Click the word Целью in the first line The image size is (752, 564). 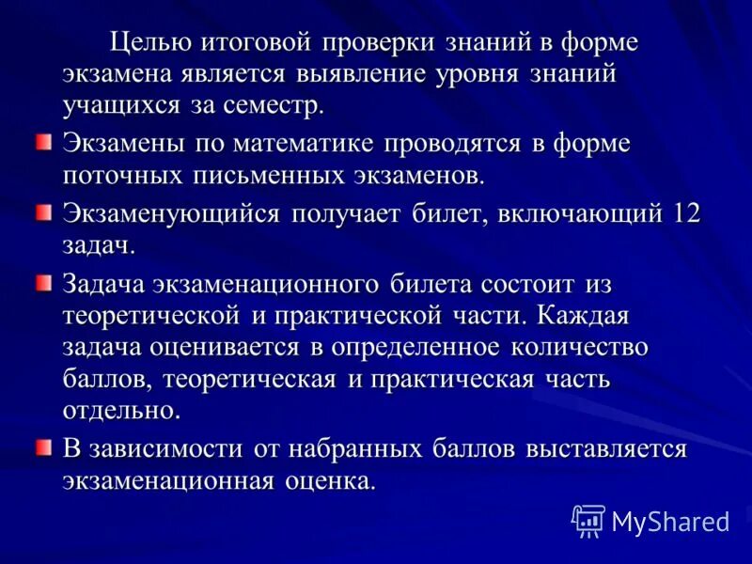tap(150, 43)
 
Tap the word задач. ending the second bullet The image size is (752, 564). tap(99, 245)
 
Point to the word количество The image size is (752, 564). tap(579, 346)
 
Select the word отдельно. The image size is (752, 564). tap(120, 412)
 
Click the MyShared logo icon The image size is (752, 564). tap(588, 520)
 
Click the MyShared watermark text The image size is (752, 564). tap(671, 521)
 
